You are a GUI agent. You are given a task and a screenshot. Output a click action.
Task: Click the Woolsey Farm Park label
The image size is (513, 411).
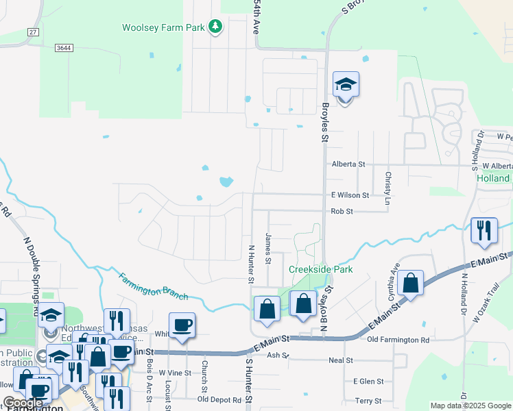tap(163, 28)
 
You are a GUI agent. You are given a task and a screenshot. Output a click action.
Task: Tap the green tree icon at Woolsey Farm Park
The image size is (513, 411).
tap(216, 27)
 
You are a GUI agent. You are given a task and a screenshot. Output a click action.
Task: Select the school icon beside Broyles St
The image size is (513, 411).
tap(346, 86)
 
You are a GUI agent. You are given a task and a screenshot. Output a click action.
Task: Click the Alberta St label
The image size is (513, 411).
tap(348, 165)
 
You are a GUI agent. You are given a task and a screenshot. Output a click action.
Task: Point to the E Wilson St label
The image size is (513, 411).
tap(350, 195)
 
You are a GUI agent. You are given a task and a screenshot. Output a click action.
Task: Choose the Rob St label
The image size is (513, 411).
tap(342, 212)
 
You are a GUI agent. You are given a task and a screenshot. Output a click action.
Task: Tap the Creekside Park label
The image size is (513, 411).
tap(320, 269)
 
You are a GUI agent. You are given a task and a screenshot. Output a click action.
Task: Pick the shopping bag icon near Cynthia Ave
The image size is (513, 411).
tap(410, 283)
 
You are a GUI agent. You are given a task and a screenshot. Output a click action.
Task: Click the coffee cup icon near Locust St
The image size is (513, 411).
tap(182, 325)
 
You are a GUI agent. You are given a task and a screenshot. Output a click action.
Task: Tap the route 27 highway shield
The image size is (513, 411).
tap(32, 32)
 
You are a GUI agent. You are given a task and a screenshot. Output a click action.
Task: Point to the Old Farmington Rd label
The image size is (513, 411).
tap(398, 340)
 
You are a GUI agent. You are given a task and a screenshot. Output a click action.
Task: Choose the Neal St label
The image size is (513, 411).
tap(340, 360)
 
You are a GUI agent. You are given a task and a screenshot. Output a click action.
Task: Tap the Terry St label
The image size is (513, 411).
tap(368, 400)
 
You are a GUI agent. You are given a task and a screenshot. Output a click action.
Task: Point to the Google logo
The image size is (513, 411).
tap(23, 403)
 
